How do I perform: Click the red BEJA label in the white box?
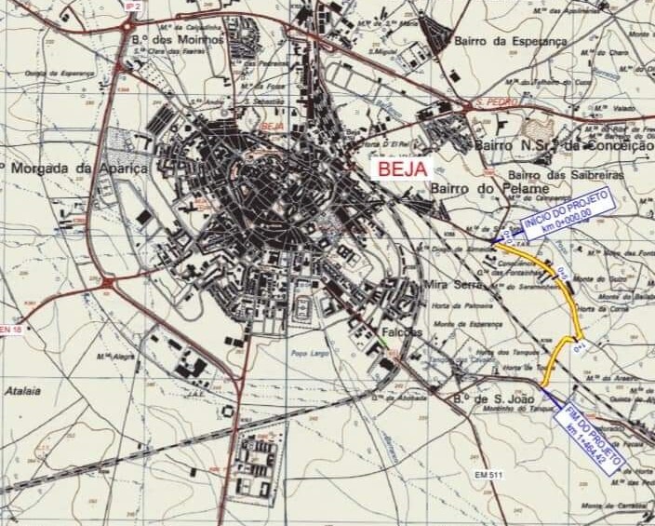point(402,169)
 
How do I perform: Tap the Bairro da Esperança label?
point(510,42)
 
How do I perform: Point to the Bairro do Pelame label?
point(476,189)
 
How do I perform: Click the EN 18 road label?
point(10,330)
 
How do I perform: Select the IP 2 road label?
point(132,6)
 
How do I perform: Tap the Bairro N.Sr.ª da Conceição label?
point(563,145)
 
